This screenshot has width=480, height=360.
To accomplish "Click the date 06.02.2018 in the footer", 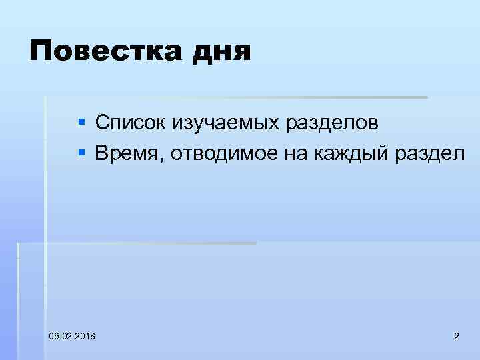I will [72, 335].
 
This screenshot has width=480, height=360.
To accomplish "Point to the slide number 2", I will [456, 335].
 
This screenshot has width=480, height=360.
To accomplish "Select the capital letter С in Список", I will [102, 123].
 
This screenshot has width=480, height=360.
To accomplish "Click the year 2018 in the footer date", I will [84, 335].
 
